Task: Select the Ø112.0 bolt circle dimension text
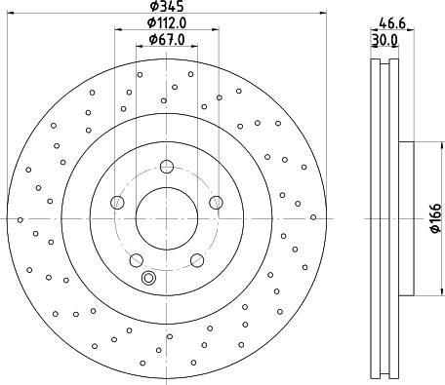(x=167, y=23)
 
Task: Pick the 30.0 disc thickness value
(x=385, y=40)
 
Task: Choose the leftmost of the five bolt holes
(x=118, y=202)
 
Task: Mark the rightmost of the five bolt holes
(x=216, y=202)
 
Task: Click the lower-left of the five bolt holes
(x=137, y=259)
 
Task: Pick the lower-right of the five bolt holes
(x=197, y=259)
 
